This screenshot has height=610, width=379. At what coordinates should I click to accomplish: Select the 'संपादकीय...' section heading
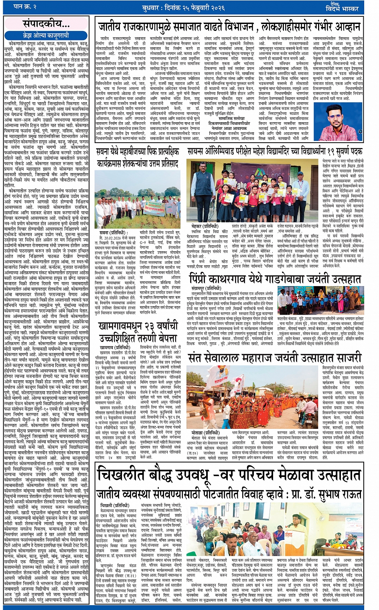click(45, 24)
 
